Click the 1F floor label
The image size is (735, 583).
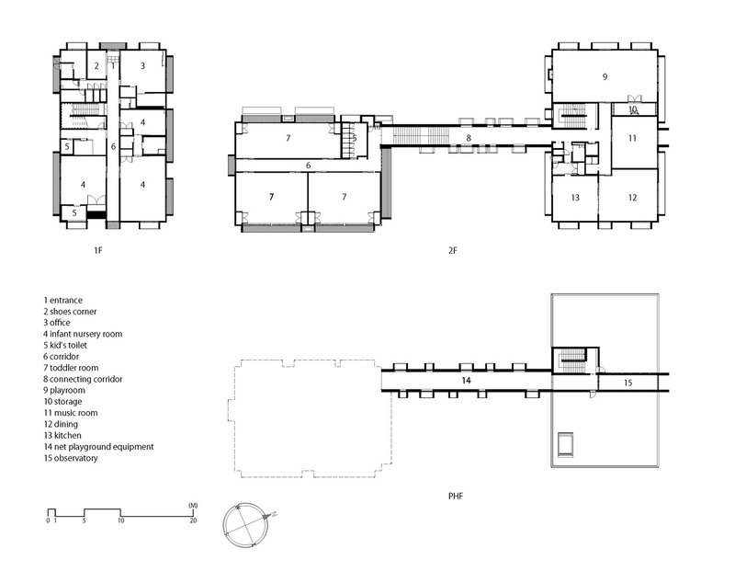click(98, 250)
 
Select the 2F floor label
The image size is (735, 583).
click(452, 250)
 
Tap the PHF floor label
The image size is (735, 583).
click(456, 496)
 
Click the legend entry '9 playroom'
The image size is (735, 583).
click(64, 390)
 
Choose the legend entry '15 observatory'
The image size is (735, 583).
click(71, 458)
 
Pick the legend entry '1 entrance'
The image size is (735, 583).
click(62, 300)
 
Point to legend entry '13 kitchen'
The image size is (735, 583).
click(62, 435)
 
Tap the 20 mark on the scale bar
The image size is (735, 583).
click(193, 520)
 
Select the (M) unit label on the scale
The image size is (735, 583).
click(193, 506)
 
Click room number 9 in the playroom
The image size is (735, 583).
click(605, 77)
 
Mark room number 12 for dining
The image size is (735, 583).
click(632, 198)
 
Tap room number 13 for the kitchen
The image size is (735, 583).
click(575, 198)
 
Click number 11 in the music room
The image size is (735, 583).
click(632, 138)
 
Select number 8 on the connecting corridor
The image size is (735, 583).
click(469, 138)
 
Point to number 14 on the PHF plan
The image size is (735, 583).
click(466, 381)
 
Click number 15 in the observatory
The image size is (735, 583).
click(628, 383)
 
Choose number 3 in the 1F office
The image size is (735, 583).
click(143, 65)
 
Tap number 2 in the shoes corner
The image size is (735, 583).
click(96, 65)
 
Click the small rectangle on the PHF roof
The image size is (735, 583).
click(565, 444)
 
